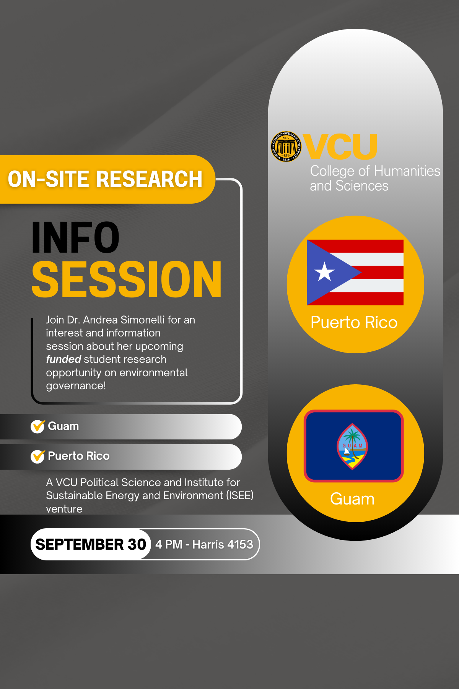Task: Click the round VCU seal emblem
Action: tap(286, 147)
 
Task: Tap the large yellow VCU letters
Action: tap(340, 146)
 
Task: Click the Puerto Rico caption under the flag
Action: tap(354, 323)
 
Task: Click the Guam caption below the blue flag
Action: tap(352, 499)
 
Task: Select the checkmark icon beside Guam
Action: tap(38, 426)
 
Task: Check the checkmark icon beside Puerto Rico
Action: tap(38, 456)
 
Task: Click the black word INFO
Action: tap(75, 238)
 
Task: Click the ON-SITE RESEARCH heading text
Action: tap(105, 179)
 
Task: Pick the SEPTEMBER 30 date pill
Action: tap(91, 544)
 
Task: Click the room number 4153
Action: tap(240, 544)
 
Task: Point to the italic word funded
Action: tap(63, 359)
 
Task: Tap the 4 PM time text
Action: tap(169, 544)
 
